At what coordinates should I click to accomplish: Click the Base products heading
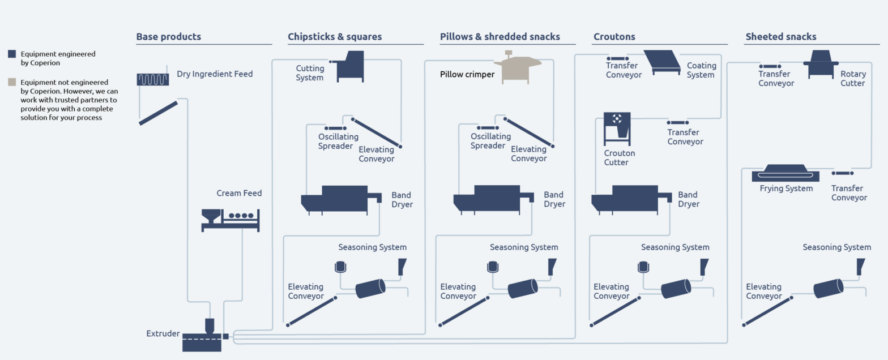pos(168,37)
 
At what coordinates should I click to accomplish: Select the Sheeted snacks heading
pos(780,37)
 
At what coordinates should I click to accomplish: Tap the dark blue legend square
pos(12,54)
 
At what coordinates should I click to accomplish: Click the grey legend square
pos(12,83)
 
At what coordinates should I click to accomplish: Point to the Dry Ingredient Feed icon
pos(152,79)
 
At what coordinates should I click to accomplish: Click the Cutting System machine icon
pos(348,66)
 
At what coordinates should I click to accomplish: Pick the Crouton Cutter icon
pos(617,128)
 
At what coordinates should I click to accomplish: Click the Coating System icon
pos(661,62)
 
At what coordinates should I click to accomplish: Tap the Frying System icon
pos(785,173)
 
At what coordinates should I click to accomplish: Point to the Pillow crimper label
pos(467,74)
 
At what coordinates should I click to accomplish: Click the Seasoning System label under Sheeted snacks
pos(836,247)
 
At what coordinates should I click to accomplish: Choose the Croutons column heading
pos(614,37)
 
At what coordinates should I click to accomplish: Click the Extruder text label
pos(163,333)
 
